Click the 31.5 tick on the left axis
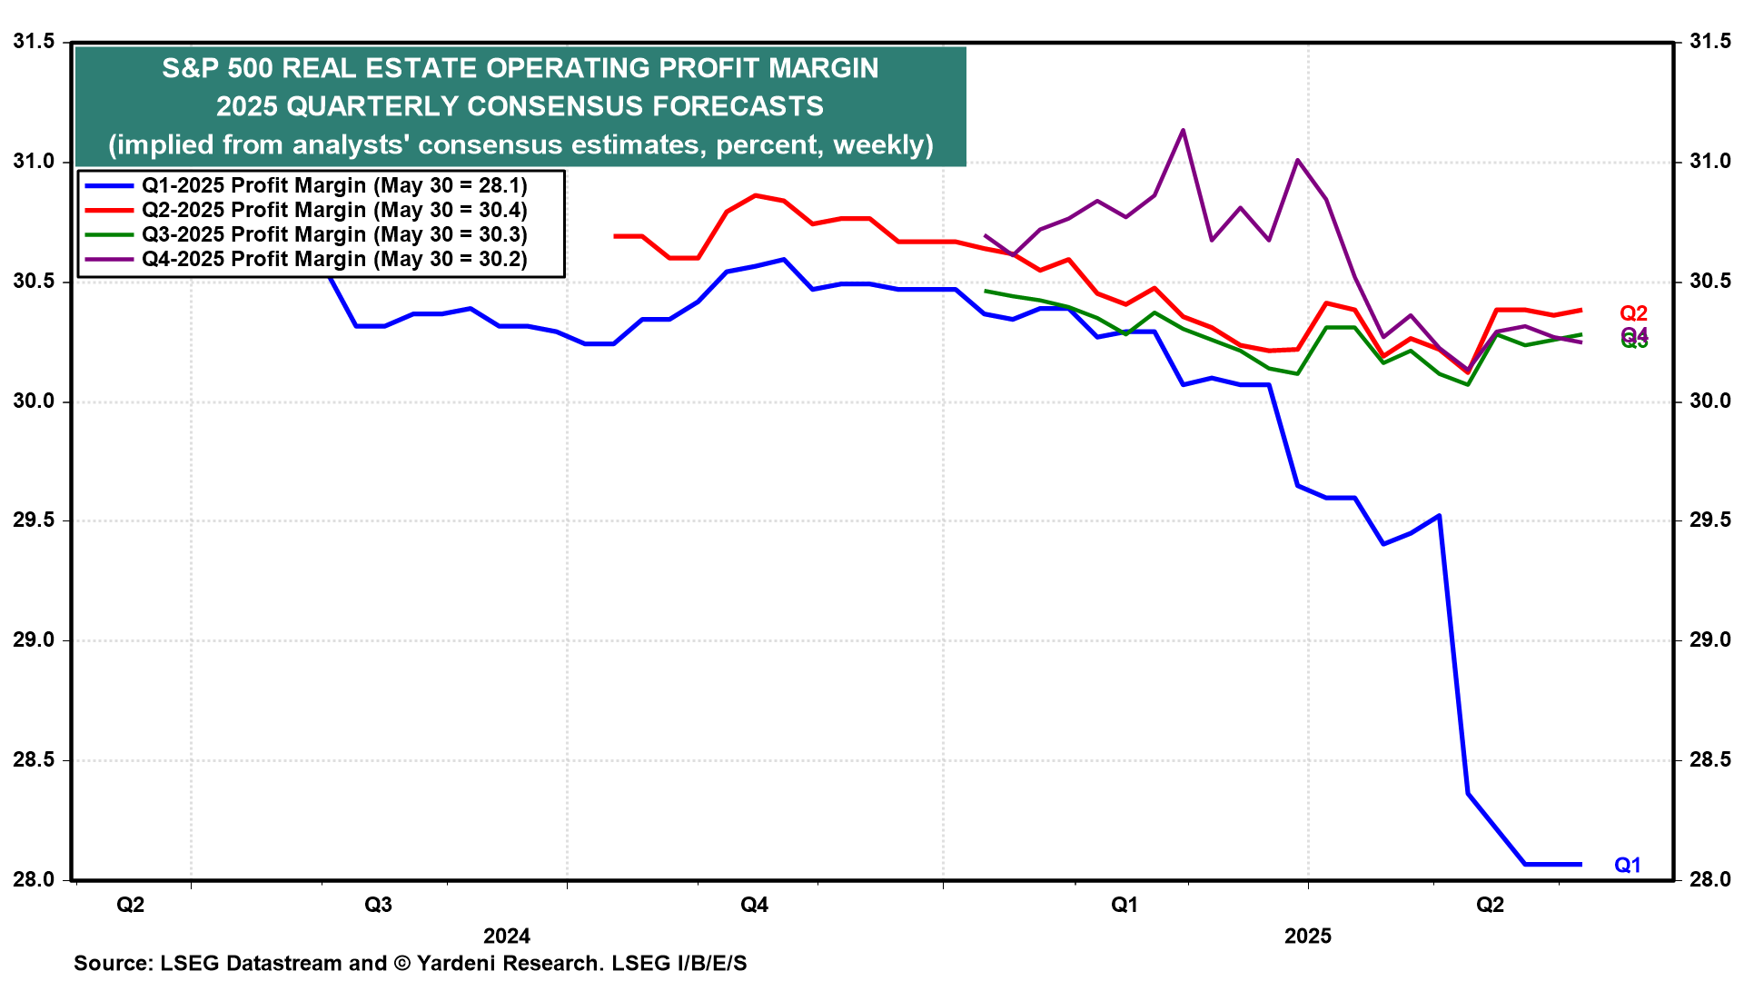click(x=34, y=42)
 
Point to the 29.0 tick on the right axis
click(x=1709, y=640)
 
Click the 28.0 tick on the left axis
click(x=34, y=879)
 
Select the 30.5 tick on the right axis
click(x=1709, y=282)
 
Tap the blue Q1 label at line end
click(x=1627, y=866)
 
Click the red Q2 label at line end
click(x=1633, y=313)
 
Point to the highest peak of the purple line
click(x=1183, y=130)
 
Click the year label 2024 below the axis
click(x=507, y=936)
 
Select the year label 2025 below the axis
click(x=1307, y=936)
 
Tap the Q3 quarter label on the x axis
click(x=378, y=905)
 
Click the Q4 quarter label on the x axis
click(x=754, y=905)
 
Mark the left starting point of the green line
click(x=986, y=291)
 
